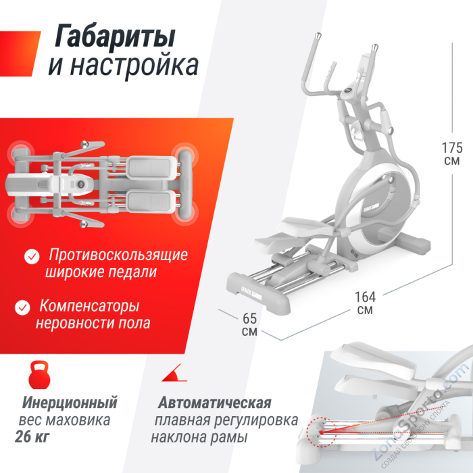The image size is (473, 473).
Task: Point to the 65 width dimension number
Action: click(x=249, y=318)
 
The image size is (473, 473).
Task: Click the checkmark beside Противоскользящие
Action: click(x=31, y=257)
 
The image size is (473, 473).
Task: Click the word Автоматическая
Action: click(x=215, y=403)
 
